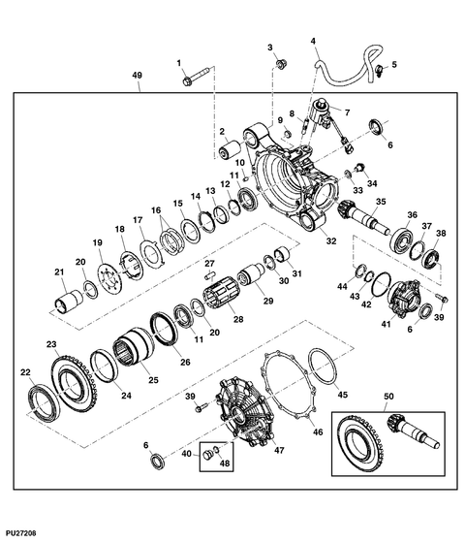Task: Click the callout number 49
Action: [x=138, y=76]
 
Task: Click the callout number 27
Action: [x=207, y=263]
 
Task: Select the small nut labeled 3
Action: [x=279, y=65]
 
